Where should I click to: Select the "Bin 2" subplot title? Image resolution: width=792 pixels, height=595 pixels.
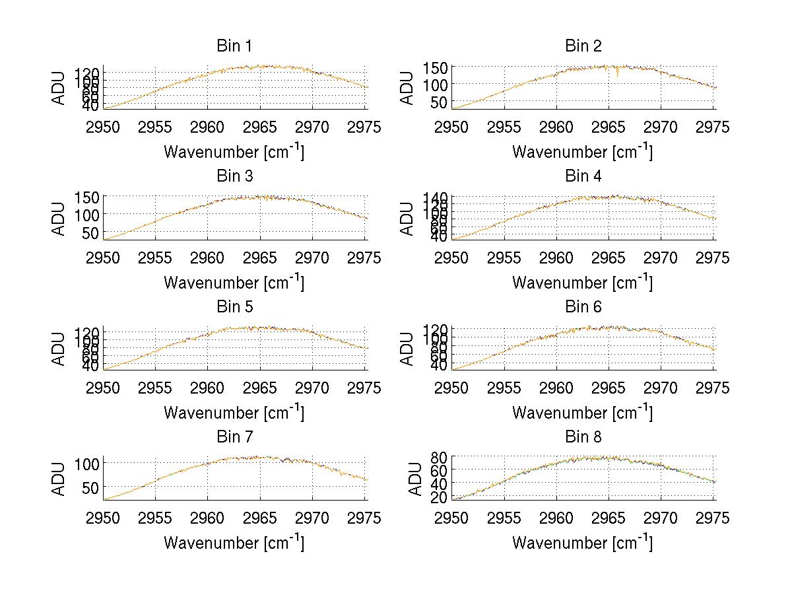(583, 46)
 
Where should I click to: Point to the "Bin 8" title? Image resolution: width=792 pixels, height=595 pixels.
(583, 437)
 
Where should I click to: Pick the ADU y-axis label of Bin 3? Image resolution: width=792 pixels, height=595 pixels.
(59, 218)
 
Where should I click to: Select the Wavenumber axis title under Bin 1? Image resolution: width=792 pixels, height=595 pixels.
(234, 152)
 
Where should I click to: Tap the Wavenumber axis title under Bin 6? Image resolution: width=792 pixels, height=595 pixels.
(582, 413)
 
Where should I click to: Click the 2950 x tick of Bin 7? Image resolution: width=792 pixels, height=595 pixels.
(104, 518)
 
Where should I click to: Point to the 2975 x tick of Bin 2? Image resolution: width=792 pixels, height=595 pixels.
(713, 127)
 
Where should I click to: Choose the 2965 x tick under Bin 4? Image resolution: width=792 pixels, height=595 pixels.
(609, 258)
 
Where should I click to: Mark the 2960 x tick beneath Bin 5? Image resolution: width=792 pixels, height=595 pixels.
(208, 388)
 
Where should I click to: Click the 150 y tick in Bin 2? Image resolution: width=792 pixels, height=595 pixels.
(440, 67)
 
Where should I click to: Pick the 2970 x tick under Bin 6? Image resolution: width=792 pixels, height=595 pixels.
(661, 388)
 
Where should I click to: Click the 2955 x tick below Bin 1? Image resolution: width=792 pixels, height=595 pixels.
(156, 127)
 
